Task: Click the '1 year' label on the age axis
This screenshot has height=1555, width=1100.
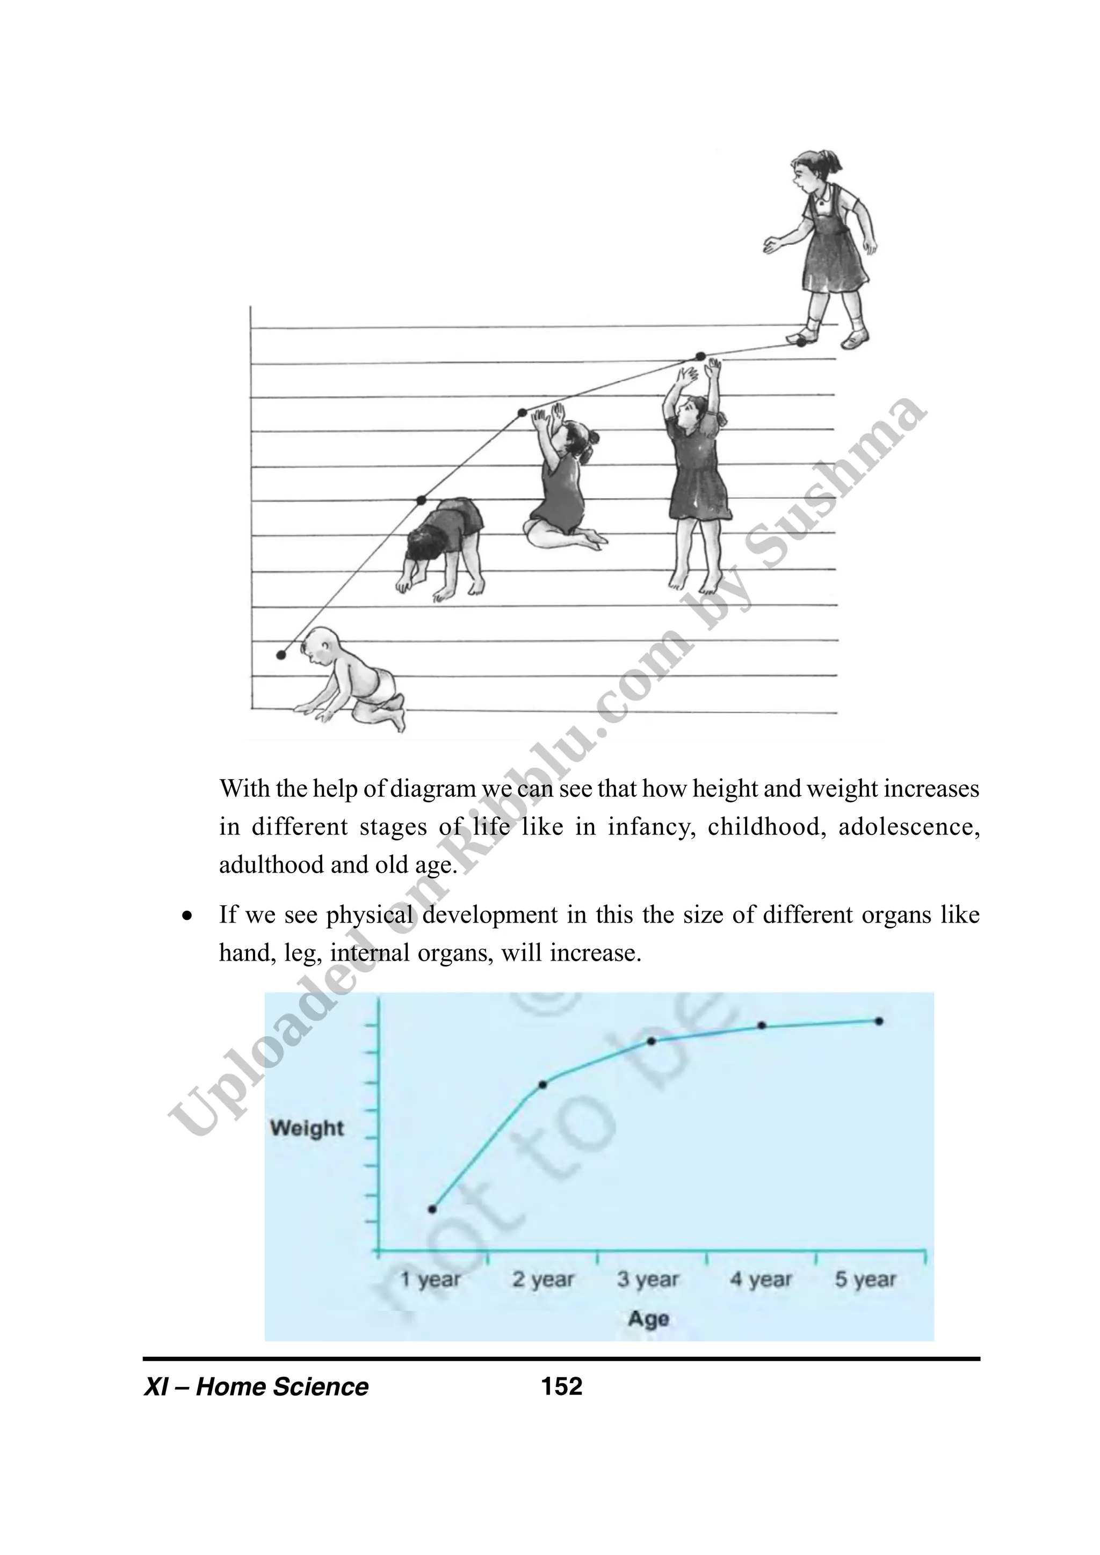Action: pyautogui.click(x=430, y=1280)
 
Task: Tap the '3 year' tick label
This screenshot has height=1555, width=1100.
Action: pyautogui.click(x=648, y=1280)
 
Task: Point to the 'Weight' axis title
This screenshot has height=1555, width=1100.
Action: pyautogui.click(x=307, y=1128)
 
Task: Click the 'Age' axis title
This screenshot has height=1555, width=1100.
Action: pyautogui.click(x=648, y=1319)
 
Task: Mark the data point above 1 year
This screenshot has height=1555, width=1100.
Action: pyautogui.click(x=433, y=1209)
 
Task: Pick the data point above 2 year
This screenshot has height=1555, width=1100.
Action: pyautogui.click(x=542, y=1084)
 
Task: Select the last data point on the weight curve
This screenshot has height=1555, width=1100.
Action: pyautogui.click(x=879, y=1021)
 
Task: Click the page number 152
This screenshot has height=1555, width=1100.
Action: pyautogui.click(x=561, y=1386)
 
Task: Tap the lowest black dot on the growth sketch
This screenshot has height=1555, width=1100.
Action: pyautogui.click(x=281, y=654)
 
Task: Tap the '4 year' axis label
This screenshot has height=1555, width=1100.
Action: pyautogui.click(x=761, y=1280)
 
